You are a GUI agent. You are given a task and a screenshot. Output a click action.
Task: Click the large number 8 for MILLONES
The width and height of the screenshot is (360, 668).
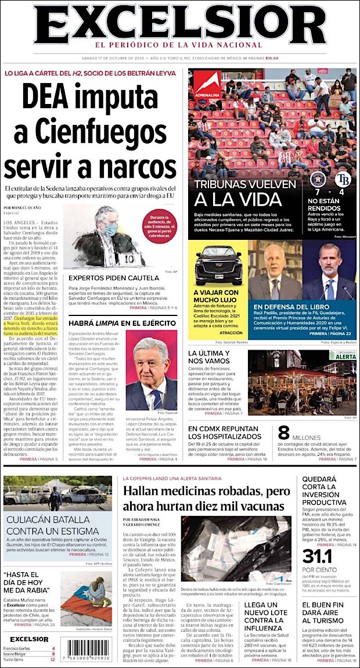click(283, 433)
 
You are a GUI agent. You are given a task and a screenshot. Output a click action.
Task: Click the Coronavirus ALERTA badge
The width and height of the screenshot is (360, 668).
click(343, 354)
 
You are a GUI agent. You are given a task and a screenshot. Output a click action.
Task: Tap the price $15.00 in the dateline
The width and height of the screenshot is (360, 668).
click(272, 58)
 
